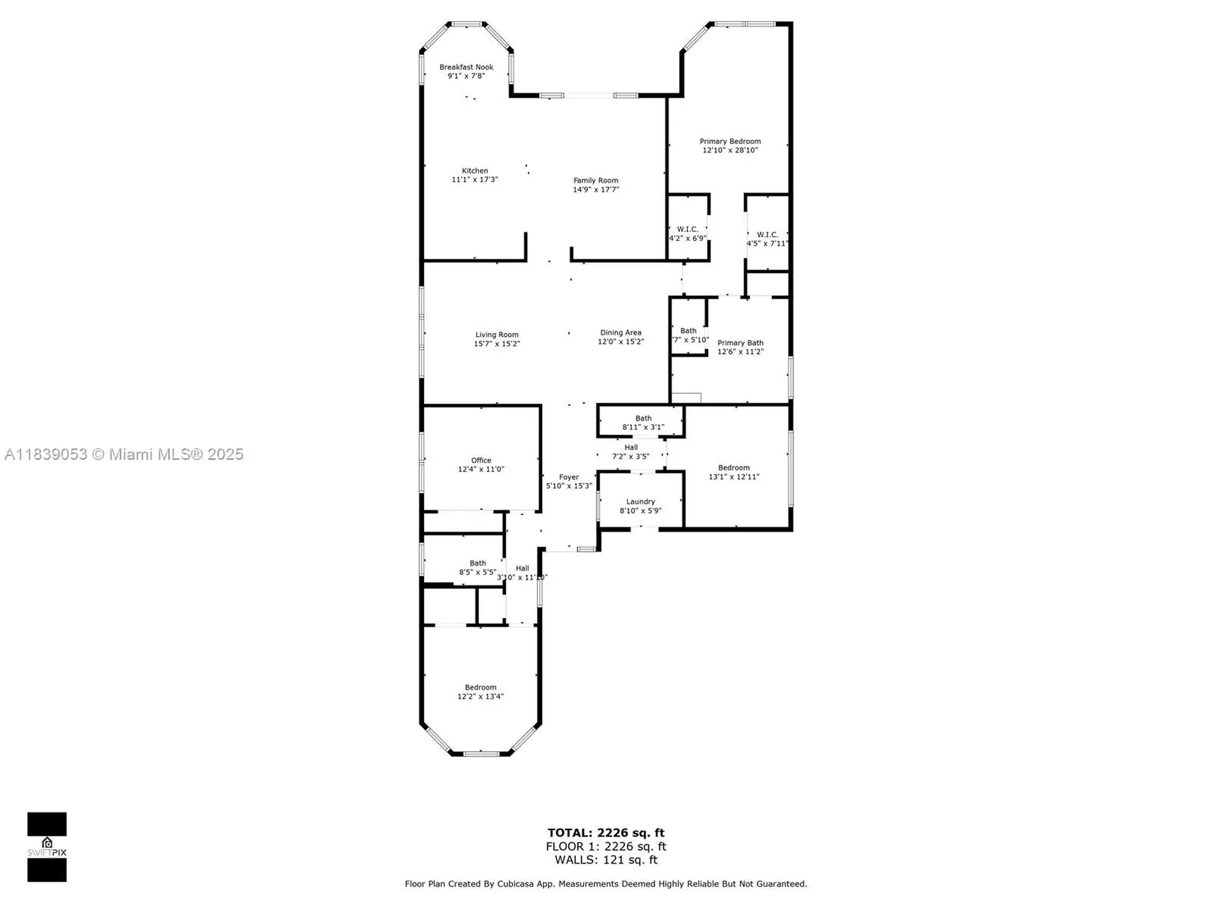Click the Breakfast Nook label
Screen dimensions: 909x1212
click(x=466, y=67)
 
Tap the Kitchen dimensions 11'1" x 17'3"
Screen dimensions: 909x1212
click(x=475, y=180)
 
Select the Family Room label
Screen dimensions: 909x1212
click(x=595, y=181)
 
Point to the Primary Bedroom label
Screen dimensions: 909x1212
click(x=730, y=141)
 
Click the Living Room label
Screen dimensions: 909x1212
click(x=497, y=335)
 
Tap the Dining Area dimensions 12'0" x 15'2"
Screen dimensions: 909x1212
click(x=621, y=342)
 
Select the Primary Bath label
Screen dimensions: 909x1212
click(x=740, y=343)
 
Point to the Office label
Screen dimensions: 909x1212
click(x=480, y=460)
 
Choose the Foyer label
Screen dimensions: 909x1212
click(x=569, y=477)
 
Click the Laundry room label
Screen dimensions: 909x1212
click(x=640, y=502)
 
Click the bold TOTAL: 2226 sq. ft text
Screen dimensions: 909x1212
click(x=605, y=833)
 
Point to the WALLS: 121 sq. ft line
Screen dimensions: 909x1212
click(x=605, y=860)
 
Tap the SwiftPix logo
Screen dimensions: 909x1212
click(x=47, y=847)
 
